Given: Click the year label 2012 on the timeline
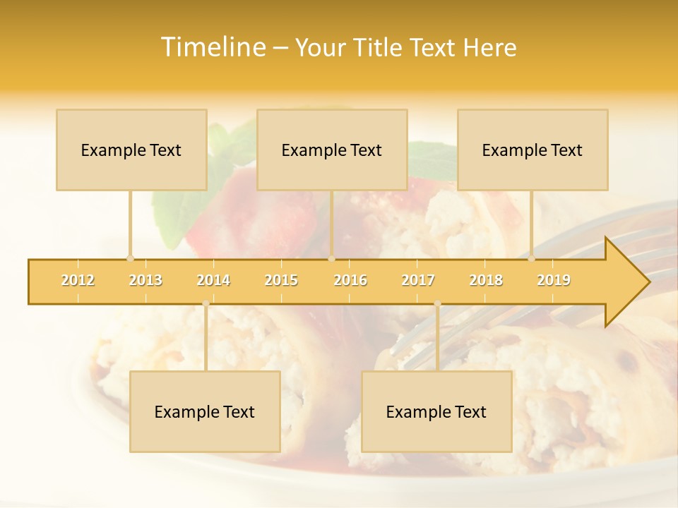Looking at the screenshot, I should coord(78,280).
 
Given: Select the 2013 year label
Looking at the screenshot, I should coord(145,280).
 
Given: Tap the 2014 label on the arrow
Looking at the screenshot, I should coord(213,280).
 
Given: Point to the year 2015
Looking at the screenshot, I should coord(281,280).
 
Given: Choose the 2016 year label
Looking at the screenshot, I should coord(350,280).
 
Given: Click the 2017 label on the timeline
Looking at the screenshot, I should coord(418,280).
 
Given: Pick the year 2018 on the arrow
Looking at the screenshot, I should coord(486,280).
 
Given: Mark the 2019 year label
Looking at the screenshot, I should coord(554,280).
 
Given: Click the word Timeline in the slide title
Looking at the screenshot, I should coord(213,47).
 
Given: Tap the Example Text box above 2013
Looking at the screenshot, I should coord(131,150).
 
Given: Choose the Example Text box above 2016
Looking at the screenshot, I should coord(332,150).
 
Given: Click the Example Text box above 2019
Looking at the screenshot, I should coord(533,150).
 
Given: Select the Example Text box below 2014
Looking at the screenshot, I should coord(205,411).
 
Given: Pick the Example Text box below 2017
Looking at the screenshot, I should coord(436,411).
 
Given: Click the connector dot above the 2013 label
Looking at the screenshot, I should coord(130,258).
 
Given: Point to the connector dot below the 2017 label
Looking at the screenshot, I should coord(437,303).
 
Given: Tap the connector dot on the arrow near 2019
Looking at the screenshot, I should coord(532,258).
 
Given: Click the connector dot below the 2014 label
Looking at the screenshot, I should coord(206,303).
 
